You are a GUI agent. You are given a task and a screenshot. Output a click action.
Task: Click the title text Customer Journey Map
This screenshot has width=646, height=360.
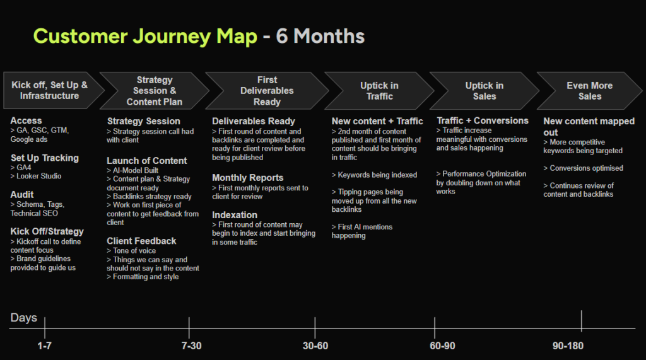(145, 37)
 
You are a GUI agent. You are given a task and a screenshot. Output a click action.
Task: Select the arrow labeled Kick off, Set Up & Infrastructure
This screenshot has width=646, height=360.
(50, 91)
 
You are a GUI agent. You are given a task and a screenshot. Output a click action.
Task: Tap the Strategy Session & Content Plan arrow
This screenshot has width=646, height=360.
(155, 91)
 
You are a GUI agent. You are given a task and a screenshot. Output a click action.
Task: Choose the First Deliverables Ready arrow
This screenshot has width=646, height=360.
(267, 91)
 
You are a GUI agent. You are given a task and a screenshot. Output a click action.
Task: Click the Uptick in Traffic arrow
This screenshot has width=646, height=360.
(379, 91)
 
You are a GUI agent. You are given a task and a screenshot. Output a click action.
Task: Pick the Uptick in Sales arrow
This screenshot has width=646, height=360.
(484, 91)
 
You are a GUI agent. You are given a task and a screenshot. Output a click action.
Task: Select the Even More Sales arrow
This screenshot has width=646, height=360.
(589, 91)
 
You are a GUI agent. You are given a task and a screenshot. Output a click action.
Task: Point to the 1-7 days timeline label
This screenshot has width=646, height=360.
(44, 346)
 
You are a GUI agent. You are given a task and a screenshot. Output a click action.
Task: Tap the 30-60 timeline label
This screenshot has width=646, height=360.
(315, 346)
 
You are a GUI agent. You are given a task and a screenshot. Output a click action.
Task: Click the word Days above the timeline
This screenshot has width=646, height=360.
(24, 318)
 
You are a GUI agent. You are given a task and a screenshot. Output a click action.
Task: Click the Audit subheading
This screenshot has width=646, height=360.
(22, 195)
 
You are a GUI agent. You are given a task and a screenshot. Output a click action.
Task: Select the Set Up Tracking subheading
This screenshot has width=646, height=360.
(45, 158)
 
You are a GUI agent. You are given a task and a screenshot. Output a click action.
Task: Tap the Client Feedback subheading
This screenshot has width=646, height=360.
(141, 241)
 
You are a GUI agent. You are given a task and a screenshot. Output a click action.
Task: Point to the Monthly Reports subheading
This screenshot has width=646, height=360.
(247, 178)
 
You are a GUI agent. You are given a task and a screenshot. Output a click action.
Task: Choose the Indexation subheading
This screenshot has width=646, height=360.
(235, 215)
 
